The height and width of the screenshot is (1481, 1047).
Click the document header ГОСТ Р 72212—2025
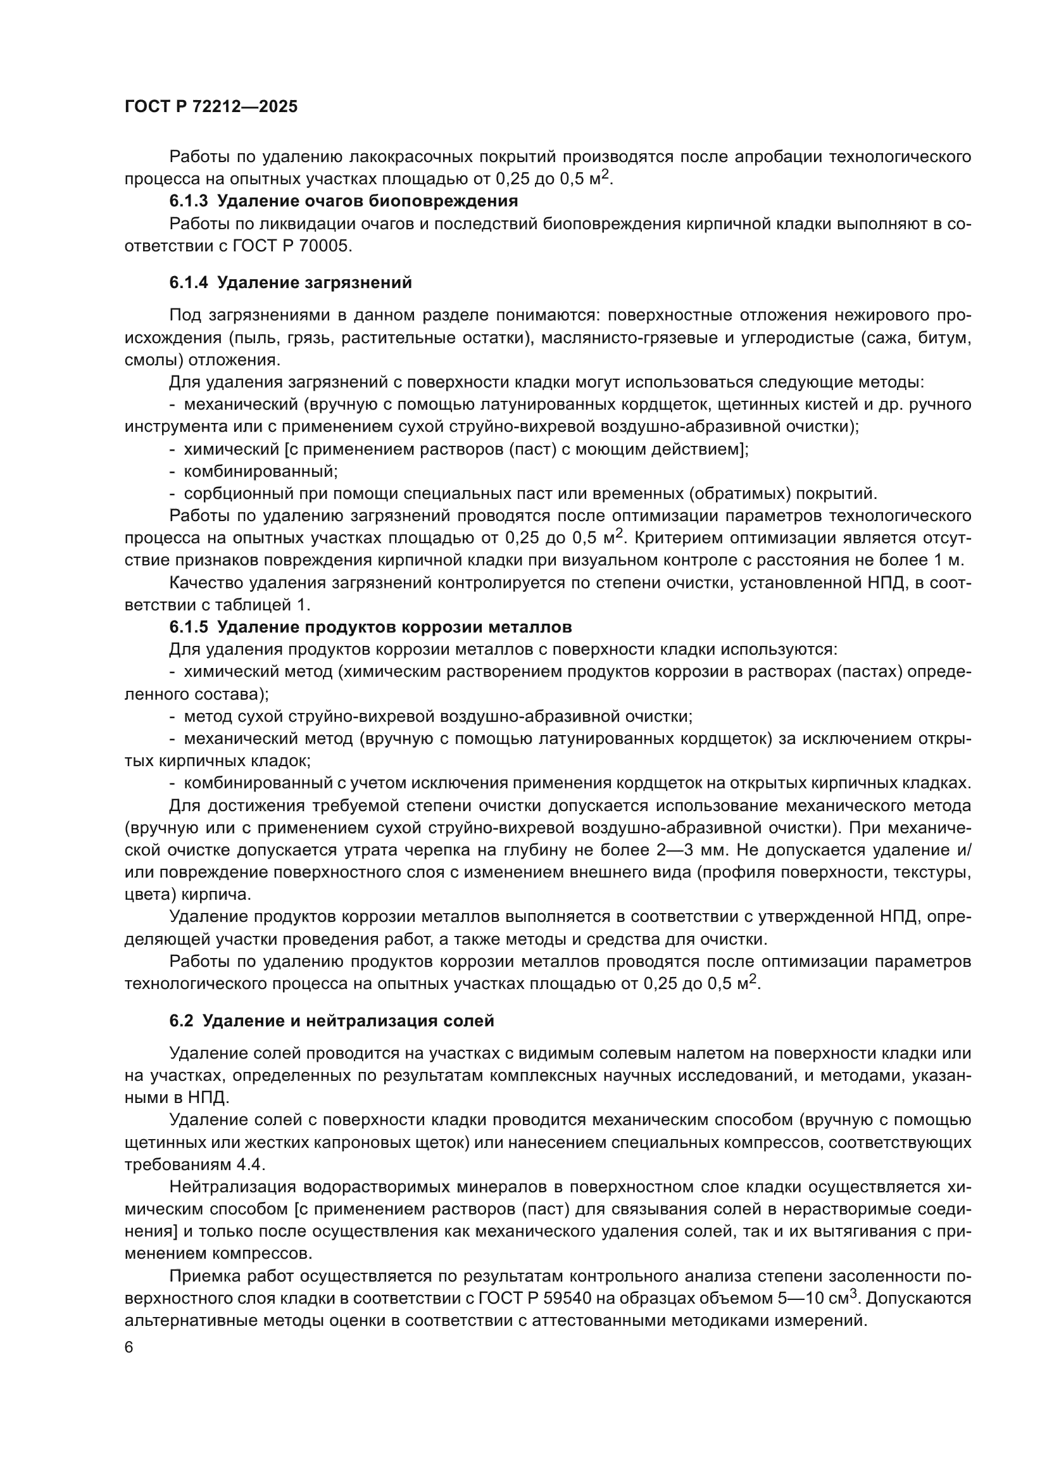pyautogui.click(x=211, y=106)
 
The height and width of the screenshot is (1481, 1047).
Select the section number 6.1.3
pyautogui.click(x=188, y=201)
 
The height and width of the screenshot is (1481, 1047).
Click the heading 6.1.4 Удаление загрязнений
pyautogui.click(x=290, y=282)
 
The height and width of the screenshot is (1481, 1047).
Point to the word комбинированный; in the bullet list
pyautogui.click(x=260, y=472)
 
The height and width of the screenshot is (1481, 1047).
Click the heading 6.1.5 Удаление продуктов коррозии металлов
pyautogui.click(x=370, y=627)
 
